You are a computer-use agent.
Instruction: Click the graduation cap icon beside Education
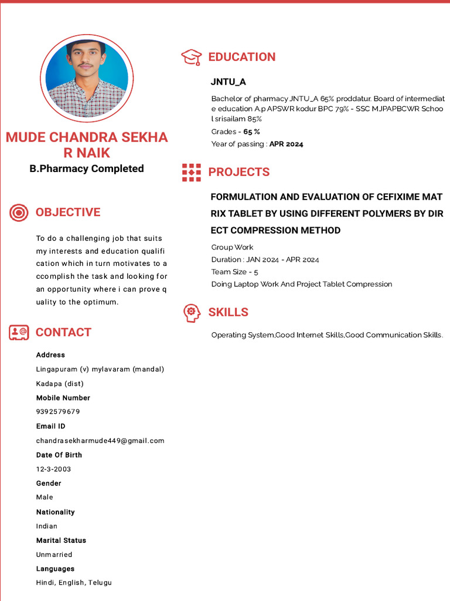(192, 57)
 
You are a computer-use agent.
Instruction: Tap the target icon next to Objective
(19, 212)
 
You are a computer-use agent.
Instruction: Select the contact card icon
(19, 332)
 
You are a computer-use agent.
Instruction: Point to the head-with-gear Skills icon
(192, 312)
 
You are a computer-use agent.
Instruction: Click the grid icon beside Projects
(192, 172)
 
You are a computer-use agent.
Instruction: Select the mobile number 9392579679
(58, 412)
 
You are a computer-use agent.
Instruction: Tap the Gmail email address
(100, 441)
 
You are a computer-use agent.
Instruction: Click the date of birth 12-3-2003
(53, 469)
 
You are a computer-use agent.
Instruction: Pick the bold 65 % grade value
(252, 132)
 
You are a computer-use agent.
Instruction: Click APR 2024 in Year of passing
(286, 144)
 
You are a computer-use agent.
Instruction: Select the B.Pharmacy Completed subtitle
(87, 168)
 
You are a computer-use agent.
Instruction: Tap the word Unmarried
(54, 555)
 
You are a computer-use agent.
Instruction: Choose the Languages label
(55, 569)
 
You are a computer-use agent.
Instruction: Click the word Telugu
(100, 583)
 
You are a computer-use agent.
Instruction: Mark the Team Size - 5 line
(235, 272)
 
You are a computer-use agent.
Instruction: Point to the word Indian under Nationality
(47, 526)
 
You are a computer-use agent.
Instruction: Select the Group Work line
(233, 247)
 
